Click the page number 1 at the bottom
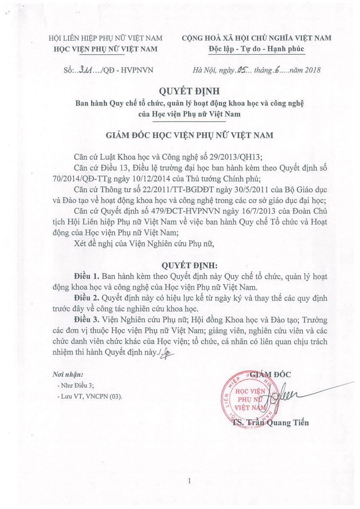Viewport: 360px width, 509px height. [189, 481]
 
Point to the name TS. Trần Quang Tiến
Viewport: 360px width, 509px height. [270, 422]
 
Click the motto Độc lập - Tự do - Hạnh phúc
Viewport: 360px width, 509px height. [256, 49]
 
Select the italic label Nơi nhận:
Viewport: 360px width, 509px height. [67, 375]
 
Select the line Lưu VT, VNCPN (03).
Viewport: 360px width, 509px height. [91, 397]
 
